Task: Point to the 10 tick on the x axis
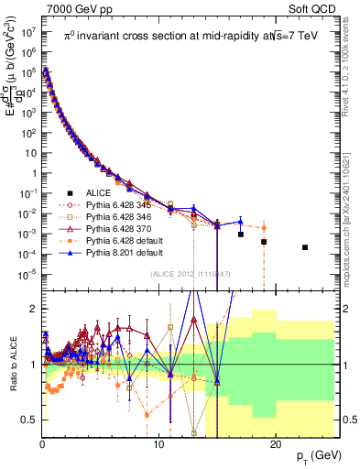click(158, 443)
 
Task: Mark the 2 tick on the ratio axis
click(35, 308)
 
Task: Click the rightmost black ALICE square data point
click(305, 247)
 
